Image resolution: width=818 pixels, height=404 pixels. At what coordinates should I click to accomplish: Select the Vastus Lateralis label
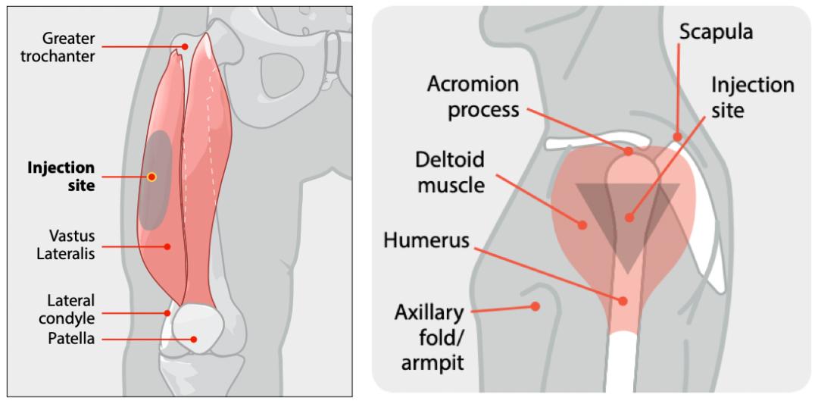tap(66, 245)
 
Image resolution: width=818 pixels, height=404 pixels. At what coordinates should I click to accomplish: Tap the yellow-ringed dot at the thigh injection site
tap(151, 177)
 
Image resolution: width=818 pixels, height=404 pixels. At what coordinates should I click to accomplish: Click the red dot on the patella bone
tap(195, 340)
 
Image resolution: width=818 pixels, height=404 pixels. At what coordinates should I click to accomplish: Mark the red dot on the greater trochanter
tap(184, 46)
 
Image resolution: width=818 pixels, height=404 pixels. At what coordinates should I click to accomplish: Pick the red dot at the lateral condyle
tap(167, 312)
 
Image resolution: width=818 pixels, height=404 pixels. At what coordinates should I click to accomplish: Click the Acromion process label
tap(473, 96)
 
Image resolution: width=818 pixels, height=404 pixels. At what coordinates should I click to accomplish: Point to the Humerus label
tap(426, 242)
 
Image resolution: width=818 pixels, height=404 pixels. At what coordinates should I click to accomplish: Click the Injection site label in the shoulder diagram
tap(751, 97)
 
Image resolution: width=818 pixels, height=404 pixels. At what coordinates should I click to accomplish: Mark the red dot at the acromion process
tap(629, 152)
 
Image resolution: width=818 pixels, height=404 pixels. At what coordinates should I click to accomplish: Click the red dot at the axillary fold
tap(535, 307)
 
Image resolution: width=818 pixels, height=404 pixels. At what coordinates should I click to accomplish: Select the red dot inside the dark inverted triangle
tap(629, 218)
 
